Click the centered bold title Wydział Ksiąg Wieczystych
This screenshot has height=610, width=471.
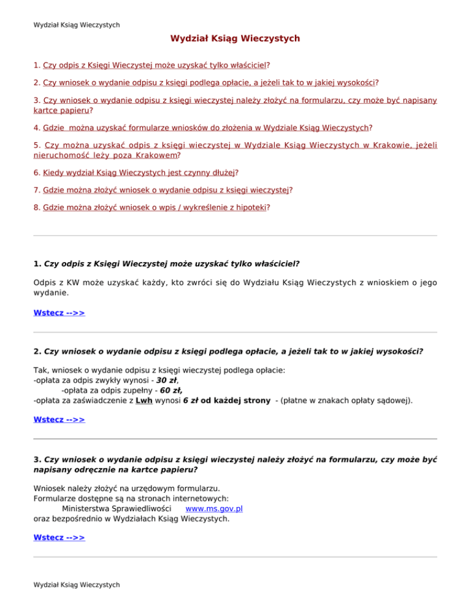point(235,39)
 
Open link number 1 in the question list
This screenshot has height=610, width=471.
point(156,64)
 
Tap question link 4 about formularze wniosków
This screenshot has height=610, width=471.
point(206,128)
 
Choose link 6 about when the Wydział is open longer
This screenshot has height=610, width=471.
point(139,174)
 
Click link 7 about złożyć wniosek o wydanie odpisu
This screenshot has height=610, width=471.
point(166,190)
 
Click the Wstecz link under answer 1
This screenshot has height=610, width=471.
point(59,313)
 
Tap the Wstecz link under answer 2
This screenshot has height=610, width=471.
point(59,420)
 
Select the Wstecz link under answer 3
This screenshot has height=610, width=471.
point(59,538)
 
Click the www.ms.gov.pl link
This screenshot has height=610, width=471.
point(214,508)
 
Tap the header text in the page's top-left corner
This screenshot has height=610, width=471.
point(76,25)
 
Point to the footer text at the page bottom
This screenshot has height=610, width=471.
point(76,584)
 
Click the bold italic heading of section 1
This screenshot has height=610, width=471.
point(171,264)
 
